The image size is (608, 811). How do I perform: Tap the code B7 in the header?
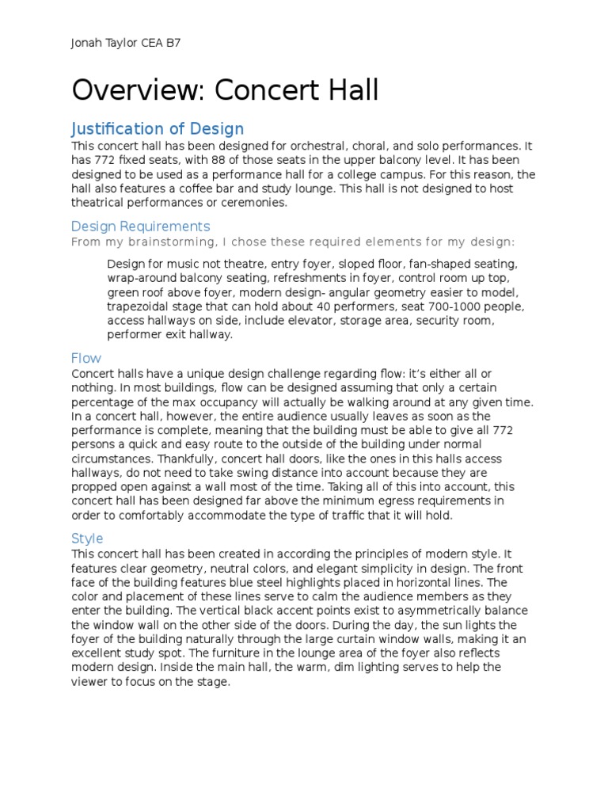tap(171, 44)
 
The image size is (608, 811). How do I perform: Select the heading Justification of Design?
tap(158, 128)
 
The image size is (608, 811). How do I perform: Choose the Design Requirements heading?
tap(140, 227)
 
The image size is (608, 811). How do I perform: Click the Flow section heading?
tap(86, 358)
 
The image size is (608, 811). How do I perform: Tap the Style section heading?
tap(87, 539)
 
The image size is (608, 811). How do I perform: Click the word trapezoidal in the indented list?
tap(139, 307)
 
